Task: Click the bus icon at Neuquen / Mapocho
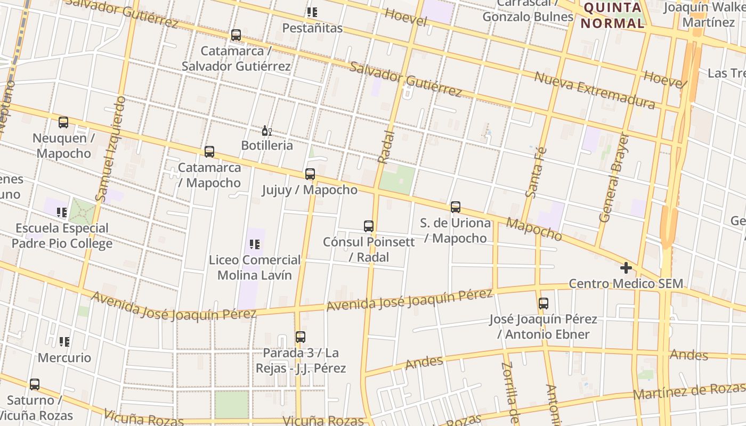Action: tap(63, 122)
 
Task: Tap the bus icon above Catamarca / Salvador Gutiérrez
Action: tap(236, 36)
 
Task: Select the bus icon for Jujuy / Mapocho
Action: tap(310, 174)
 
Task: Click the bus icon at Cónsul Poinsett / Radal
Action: tap(369, 226)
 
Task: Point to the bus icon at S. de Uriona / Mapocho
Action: tap(455, 207)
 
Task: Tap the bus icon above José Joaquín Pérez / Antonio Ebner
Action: tap(544, 304)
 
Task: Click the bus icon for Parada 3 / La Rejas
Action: tap(301, 337)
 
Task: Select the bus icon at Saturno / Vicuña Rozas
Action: tap(35, 384)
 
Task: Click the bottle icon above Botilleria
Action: tap(267, 130)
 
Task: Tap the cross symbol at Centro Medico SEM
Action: tap(626, 268)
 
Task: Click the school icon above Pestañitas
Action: tap(312, 12)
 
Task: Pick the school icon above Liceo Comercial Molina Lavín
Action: tap(255, 244)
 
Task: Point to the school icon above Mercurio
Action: tap(64, 342)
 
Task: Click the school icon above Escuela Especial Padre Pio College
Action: tap(62, 212)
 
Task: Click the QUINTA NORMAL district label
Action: tap(612, 15)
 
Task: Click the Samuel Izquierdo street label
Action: tap(110, 149)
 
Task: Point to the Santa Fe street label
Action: tap(536, 173)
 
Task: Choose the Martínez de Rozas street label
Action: tap(689, 391)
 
